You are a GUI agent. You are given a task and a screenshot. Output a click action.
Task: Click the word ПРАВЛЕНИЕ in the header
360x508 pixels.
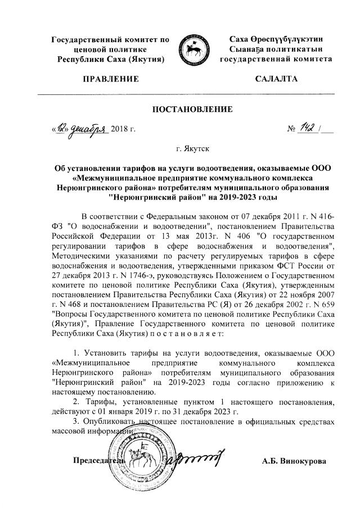click(110, 79)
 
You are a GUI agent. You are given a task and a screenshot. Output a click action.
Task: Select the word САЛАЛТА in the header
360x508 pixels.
click(275, 79)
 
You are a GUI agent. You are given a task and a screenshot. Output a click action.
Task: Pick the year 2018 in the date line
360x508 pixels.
click(120, 130)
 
